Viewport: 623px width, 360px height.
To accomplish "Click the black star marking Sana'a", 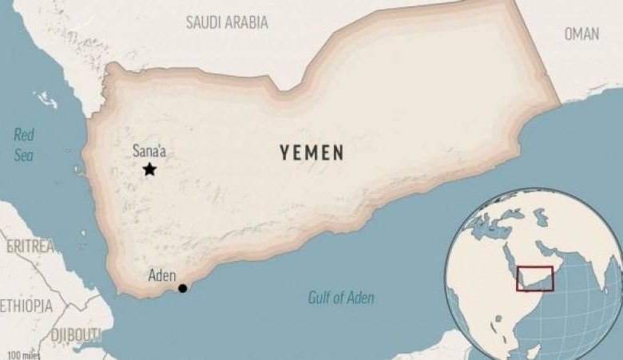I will coord(149,169).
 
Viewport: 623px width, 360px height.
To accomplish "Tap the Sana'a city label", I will coord(149,151).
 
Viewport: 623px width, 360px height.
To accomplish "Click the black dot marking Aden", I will coord(183,288).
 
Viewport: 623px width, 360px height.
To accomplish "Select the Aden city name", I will coord(162,276).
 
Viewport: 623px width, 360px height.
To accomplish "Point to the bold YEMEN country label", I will coord(312,152).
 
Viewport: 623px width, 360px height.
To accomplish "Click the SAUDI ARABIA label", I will coord(227,22).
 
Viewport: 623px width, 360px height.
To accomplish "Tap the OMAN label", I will coord(581,34).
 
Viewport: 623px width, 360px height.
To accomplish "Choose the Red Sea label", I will coord(24,144).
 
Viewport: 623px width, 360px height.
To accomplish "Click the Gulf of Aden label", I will coord(341,298).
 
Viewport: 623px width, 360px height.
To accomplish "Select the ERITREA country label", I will coord(30,246).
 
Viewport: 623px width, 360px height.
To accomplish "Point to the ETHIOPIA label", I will coord(26,306).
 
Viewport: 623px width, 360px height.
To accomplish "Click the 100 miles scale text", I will coord(24,354).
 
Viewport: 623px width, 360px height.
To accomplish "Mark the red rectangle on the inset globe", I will coord(534,279).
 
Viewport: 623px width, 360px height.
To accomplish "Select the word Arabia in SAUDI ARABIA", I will coord(244,22).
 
